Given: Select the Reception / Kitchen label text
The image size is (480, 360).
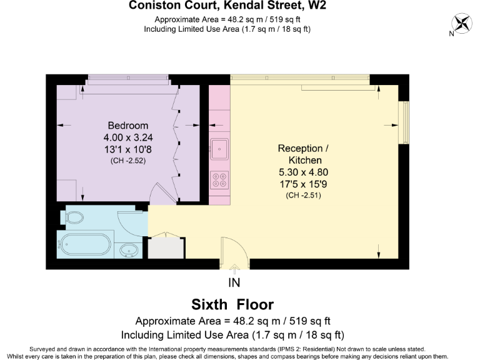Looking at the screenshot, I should pyautogui.click(x=302, y=154).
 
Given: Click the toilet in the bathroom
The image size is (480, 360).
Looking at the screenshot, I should pyautogui.click(x=72, y=217).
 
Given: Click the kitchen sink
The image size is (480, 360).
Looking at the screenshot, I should pyautogui.click(x=219, y=149).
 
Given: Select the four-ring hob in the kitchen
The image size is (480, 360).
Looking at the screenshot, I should pyautogui.click(x=219, y=180).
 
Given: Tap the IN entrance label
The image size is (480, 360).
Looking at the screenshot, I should pyautogui.click(x=234, y=283).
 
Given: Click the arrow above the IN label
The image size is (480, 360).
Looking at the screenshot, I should pyautogui.click(x=234, y=269).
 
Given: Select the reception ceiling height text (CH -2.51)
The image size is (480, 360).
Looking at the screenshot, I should pyautogui.click(x=302, y=196).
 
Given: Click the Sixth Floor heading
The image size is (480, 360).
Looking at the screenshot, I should pyautogui.click(x=232, y=305).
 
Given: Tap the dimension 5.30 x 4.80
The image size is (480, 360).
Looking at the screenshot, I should pyautogui.click(x=302, y=172).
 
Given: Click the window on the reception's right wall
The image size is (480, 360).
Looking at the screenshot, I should pyautogui.click(x=404, y=118).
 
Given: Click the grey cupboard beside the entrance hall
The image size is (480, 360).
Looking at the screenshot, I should pyautogui.click(x=166, y=247).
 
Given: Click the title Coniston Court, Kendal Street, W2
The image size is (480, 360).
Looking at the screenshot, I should pyautogui.click(x=227, y=6).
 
